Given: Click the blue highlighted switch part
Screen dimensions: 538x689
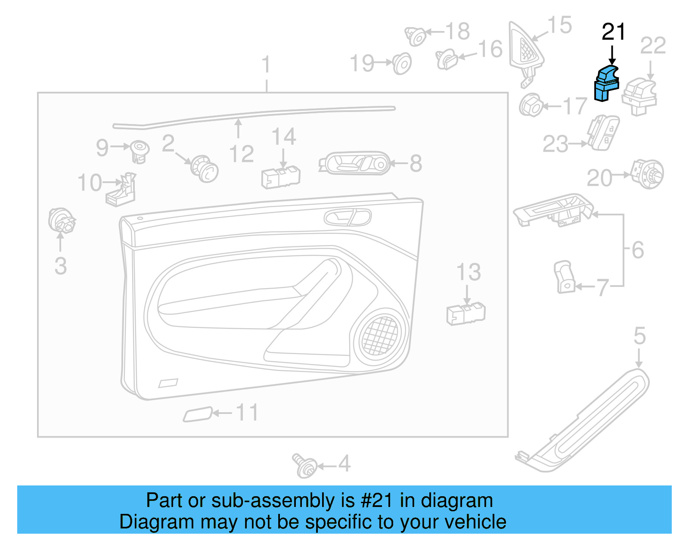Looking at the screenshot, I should click(606, 84).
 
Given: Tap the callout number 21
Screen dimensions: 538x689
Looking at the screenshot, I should click(613, 32).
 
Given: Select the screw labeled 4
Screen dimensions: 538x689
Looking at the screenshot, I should click(305, 465).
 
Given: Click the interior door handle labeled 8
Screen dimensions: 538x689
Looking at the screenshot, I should click(354, 163).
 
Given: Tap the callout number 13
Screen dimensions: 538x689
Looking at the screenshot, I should click(469, 272).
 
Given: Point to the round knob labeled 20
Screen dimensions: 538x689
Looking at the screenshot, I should click(647, 174).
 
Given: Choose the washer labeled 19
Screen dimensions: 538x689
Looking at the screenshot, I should click(402, 64).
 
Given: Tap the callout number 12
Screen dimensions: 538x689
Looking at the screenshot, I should click(242, 154).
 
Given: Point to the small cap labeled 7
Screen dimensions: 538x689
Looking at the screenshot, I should click(564, 277).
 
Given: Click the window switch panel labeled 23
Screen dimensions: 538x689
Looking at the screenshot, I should click(603, 132).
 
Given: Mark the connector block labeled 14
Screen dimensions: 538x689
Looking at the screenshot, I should click(281, 177).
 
